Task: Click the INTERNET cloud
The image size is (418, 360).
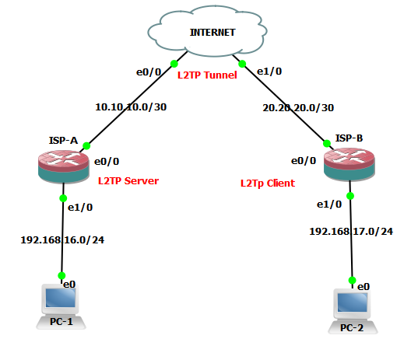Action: pos(213,33)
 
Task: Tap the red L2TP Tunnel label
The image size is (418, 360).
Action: pos(207,75)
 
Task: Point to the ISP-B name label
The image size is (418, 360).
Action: pos(349,138)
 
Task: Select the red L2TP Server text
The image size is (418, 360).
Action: pos(128,181)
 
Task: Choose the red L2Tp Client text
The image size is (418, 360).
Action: pos(267,183)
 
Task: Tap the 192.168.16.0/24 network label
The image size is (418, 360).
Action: pos(62,239)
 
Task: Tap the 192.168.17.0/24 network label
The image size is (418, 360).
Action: pos(351,231)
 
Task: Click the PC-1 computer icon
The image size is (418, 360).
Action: pos(61,307)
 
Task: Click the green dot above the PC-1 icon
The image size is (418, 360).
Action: pos(61,275)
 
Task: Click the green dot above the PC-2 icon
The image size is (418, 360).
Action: pos(353,280)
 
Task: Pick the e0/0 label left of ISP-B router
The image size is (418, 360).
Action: pos(304,161)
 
